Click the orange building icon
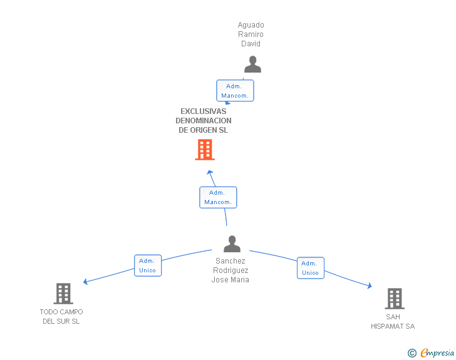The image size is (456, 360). (x=205, y=150)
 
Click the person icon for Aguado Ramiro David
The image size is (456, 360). (x=252, y=64)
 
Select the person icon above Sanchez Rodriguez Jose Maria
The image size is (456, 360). (x=232, y=244)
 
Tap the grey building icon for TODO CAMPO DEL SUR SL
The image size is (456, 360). (x=63, y=294)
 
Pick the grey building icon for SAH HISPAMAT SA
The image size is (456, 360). (x=395, y=299)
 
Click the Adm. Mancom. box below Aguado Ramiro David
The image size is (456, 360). (x=235, y=91)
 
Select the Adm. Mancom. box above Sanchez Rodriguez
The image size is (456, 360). (x=218, y=197)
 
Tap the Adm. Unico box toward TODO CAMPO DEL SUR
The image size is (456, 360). (x=148, y=265)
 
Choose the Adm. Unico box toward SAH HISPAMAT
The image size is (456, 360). (x=310, y=268)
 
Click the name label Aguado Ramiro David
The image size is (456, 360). (x=251, y=34)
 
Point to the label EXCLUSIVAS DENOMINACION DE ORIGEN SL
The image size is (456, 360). (x=204, y=121)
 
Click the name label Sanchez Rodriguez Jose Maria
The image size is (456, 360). (x=231, y=270)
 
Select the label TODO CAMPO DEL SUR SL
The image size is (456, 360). (x=61, y=317)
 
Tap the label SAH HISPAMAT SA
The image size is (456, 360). (x=393, y=322)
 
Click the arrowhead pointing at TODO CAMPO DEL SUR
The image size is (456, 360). (x=85, y=282)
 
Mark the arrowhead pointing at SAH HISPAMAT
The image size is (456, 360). (x=370, y=286)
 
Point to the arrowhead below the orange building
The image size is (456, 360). (x=210, y=172)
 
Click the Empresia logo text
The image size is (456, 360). (x=437, y=352)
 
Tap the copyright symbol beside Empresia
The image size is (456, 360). (x=412, y=353)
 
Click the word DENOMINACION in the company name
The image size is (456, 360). (x=204, y=121)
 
